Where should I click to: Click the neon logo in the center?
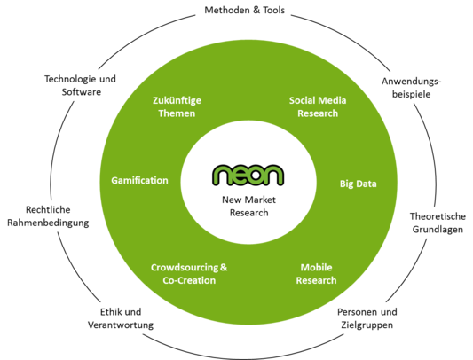(x=248, y=176)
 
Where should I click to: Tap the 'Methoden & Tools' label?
(x=245, y=11)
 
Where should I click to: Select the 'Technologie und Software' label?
(x=80, y=85)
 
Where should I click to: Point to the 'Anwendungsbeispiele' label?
(x=412, y=88)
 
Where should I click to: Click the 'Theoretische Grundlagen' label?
(x=438, y=223)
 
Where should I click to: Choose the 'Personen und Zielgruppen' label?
(x=367, y=318)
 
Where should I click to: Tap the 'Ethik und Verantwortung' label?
(x=121, y=318)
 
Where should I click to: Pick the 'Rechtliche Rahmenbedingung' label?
(x=48, y=216)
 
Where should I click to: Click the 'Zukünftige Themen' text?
(x=177, y=106)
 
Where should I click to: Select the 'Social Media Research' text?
(x=318, y=106)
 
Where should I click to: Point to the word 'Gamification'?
(x=139, y=180)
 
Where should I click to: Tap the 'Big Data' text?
(x=358, y=184)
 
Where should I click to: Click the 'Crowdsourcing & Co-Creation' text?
(x=189, y=274)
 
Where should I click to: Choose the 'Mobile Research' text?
(x=316, y=274)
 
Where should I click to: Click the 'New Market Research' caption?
(x=248, y=207)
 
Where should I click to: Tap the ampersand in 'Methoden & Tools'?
(x=256, y=10)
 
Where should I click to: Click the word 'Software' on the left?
(x=82, y=91)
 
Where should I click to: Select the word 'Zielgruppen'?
(x=367, y=325)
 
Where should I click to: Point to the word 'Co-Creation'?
(x=189, y=280)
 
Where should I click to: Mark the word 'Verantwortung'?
(x=121, y=325)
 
